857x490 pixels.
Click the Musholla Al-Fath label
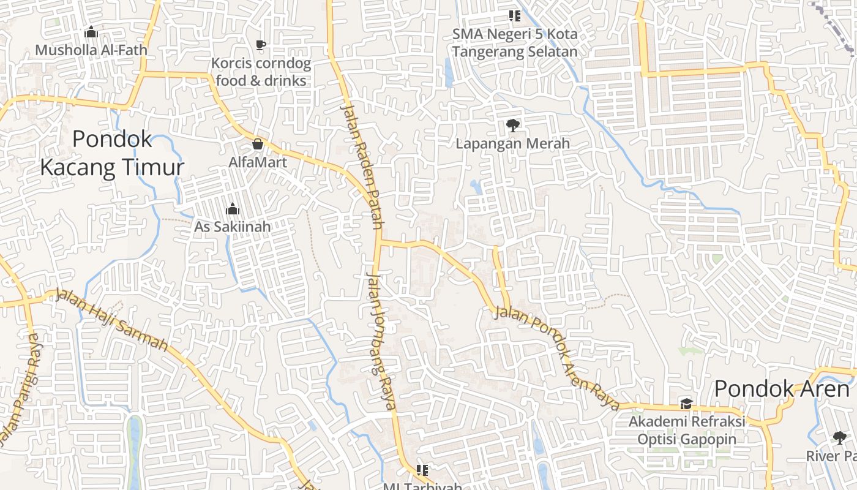91,50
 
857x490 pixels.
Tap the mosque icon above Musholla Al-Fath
91,32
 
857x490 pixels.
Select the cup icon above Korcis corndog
261,45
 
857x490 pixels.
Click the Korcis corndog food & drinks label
261,72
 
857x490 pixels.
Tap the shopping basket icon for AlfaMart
258,145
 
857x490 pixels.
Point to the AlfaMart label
257,163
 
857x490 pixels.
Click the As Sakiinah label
232,227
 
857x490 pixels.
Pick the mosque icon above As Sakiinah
232,209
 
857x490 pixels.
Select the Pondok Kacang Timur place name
112,153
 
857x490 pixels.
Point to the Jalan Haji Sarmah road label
111,320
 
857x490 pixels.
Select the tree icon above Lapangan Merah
512,126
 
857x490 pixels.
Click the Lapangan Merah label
513,143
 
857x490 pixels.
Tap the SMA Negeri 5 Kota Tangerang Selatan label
515,42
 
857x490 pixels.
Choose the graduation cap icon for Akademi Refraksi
686,404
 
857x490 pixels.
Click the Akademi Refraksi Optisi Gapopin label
687,430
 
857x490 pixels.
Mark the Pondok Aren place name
782,388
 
